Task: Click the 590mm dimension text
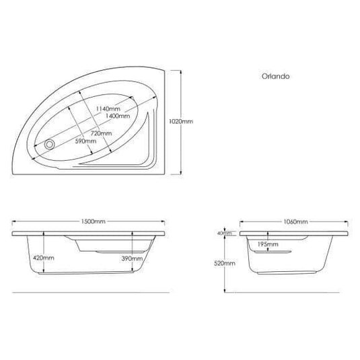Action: pyautogui.click(x=85, y=141)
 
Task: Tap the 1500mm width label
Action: pyautogui.click(x=89, y=221)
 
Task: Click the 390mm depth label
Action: pyautogui.click(x=133, y=258)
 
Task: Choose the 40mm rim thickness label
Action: pyautogui.click(x=224, y=233)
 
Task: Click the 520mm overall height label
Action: pyautogui.click(x=225, y=264)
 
